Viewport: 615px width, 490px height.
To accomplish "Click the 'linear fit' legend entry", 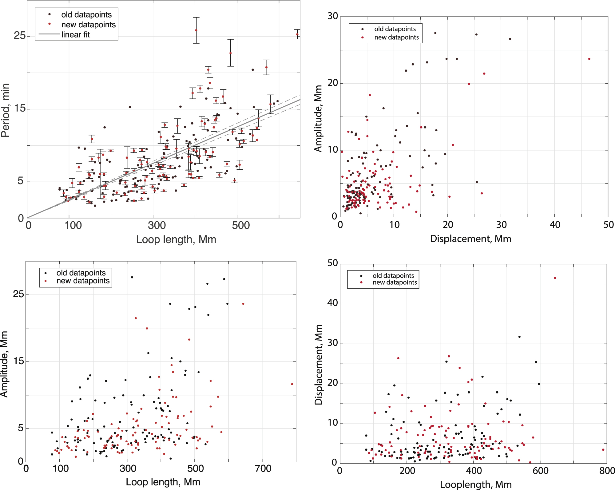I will coord(75,35).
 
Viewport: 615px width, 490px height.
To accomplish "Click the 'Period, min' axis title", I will coord(6,110).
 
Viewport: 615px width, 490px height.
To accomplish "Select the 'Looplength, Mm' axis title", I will coord(476,484).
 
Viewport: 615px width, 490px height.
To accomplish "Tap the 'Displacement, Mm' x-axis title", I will coord(470,239).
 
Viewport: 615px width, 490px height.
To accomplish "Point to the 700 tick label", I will coord(263,468).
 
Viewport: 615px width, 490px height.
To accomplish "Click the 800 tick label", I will coord(607,471).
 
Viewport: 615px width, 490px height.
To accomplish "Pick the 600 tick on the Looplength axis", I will coord(540,471).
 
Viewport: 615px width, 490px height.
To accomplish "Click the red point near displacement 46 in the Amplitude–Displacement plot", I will coord(589,59).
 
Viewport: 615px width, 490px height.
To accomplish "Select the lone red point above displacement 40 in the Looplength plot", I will coord(555,278).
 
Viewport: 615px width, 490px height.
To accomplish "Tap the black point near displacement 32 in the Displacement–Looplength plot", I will coord(519,337).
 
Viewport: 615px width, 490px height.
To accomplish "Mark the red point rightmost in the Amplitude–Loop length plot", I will coord(292,384).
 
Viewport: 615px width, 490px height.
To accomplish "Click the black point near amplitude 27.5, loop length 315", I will coord(132,277).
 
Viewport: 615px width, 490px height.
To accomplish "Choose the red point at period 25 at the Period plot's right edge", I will coord(297,34).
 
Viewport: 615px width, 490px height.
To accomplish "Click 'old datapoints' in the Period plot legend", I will coord(86,15).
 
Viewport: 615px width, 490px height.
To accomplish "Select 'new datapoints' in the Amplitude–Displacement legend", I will coord(396,38).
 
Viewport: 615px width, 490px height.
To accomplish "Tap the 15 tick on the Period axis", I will coord(19,109).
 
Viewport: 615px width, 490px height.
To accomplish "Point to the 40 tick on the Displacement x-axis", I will coord(555,225).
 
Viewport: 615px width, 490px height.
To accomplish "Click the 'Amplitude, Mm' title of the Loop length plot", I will coord(4,364).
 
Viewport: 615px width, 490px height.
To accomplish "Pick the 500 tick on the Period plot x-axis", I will coord(241,226).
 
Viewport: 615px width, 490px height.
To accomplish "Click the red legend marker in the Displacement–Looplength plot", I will coord(361,283).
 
